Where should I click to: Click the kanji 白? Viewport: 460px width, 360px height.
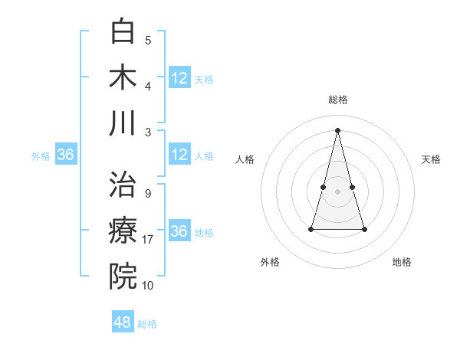tap(123, 32)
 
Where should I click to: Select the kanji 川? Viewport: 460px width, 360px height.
tap(123, 123)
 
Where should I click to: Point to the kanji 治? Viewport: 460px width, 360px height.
tap(123, 185)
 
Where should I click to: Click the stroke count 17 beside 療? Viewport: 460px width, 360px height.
tap(149, 240)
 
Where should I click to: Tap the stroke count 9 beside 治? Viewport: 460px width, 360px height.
tap(147, 194)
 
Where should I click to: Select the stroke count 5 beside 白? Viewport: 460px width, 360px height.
tap(147, 41)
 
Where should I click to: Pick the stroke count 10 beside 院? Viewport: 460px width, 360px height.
tap(148, 286)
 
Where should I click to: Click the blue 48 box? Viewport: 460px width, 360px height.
tap(123, 322)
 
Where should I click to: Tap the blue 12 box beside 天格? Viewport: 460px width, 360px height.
tap(179, 78)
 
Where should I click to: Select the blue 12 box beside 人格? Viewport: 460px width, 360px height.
tap(179, 155)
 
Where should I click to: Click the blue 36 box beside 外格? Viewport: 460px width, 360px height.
tap(66, 155)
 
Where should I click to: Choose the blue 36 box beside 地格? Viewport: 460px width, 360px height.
tap(179, 231)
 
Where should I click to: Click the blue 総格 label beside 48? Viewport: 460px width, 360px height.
tap(147, 324)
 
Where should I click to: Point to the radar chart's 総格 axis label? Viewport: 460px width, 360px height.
tap(337, 100)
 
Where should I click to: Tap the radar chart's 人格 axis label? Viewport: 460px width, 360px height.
tap(245, 159)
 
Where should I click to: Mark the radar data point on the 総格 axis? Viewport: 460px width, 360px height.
tap(337, 130)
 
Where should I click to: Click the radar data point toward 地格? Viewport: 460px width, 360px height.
tap(364, 229)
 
